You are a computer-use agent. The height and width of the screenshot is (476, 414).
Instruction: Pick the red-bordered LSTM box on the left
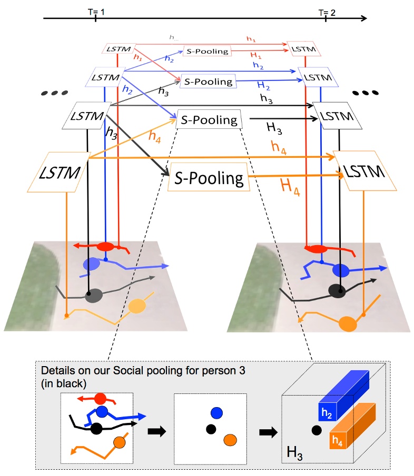pyautogui.click(x=119, y=49)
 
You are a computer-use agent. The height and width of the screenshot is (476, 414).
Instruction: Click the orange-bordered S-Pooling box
pyautogui.click(x=208, y=179)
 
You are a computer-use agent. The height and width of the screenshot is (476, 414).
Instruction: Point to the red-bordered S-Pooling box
pyautogui.click(x=207, y=52)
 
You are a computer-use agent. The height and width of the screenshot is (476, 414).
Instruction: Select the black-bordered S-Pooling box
pyautogui.click(x=209, y=120)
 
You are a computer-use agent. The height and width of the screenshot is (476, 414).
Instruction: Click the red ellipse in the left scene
pyautogui.click(x=105, y=246)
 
